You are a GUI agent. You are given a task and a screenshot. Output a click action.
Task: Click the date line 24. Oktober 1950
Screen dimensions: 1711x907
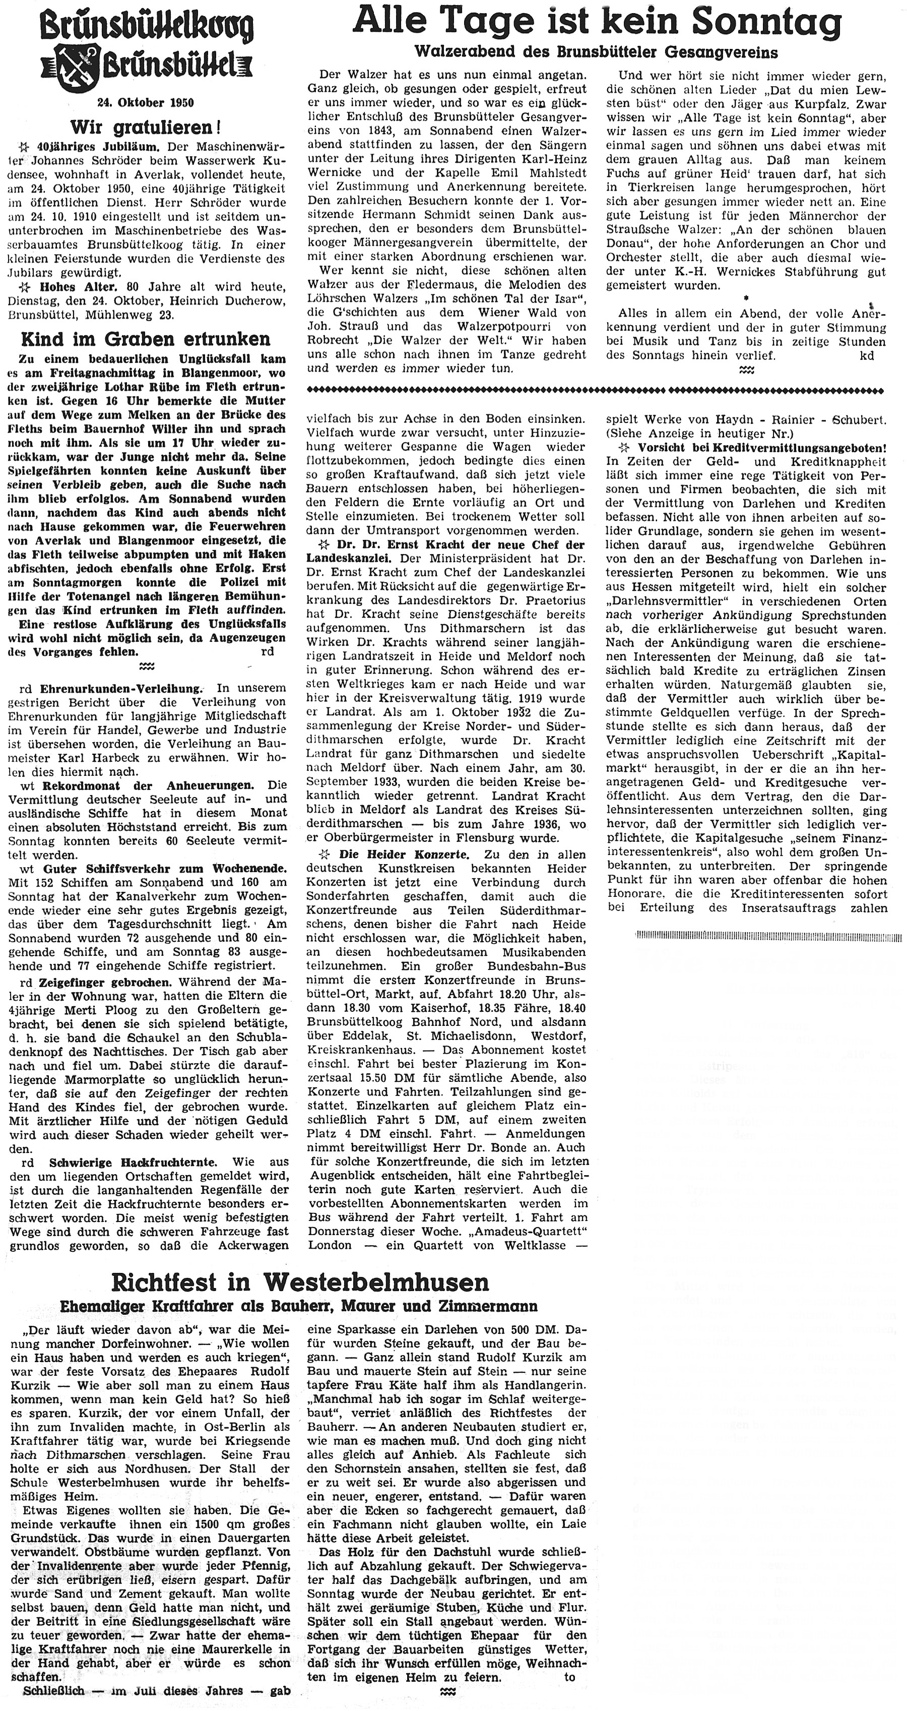tap(146, 103)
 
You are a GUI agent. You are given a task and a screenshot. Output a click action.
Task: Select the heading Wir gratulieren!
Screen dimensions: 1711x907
tap(146, 126)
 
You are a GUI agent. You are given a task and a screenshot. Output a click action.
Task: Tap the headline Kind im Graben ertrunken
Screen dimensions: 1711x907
tap(146, 339)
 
